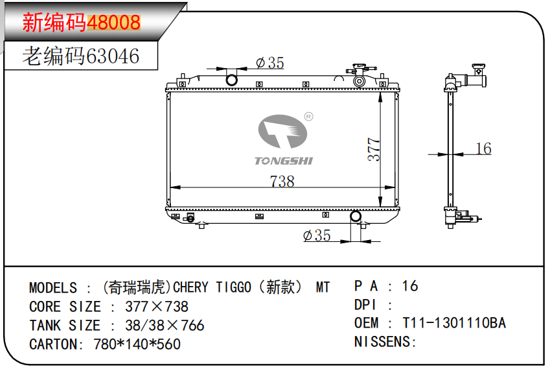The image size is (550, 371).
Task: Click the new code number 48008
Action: click(x=113, y=23)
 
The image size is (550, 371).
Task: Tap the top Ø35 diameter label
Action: click(x=269, y=62)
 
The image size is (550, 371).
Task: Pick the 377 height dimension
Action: click(x=374, y=150)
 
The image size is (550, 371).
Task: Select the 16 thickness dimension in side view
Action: click(x=483, y=149)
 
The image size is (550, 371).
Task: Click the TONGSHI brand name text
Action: click(x=283, y=160)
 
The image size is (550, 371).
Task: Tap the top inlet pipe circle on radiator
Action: click(x=231, y=80)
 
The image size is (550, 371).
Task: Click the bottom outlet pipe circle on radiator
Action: click(x=356, y=217)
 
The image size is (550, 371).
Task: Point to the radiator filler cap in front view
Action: click(x=360, y=68)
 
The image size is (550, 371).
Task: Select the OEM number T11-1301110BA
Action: click(x=454, y=323)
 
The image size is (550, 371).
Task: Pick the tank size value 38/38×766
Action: click(x=157, y=325)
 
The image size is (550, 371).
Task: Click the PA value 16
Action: click(x=410, y=285)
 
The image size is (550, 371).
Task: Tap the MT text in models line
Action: click(x=322, y=287)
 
